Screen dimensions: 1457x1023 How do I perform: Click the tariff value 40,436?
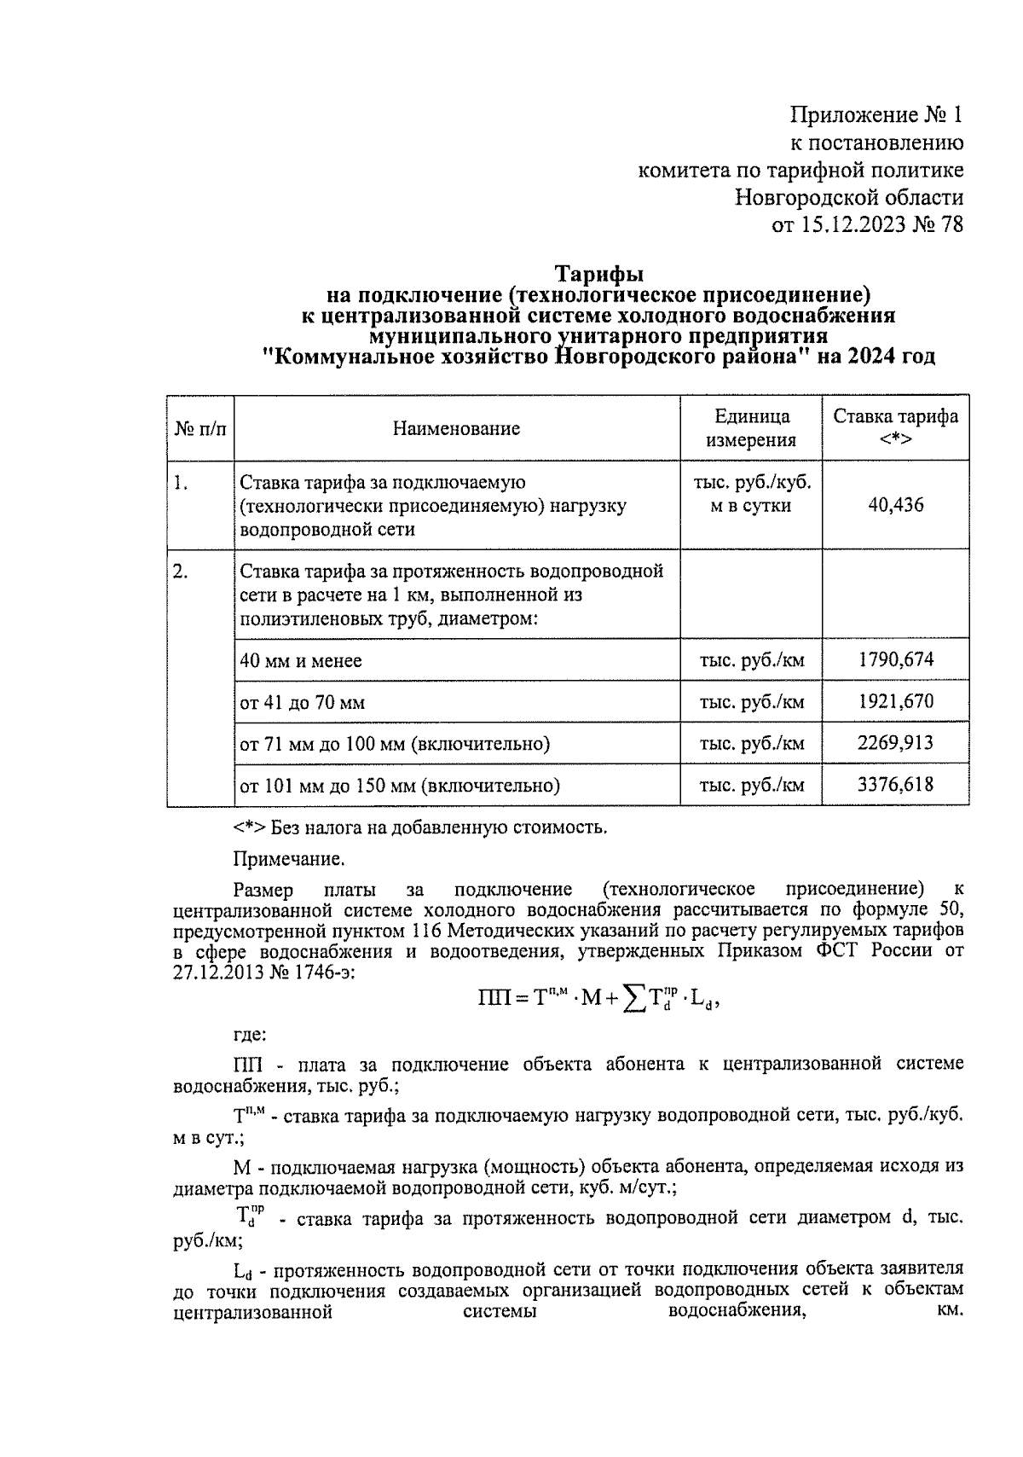pos(895,505)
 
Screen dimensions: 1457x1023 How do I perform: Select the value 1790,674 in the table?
pos(895,659)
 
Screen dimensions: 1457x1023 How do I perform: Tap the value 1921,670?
pos(895,701)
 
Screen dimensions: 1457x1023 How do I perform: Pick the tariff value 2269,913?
pos(895,742)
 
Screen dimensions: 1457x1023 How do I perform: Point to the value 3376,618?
pos(895,784)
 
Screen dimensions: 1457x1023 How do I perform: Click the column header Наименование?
pos(456,428)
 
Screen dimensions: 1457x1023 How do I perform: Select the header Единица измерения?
pos(751,428)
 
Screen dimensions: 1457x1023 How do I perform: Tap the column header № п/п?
pos(200,428)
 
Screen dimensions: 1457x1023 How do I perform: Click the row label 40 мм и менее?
pos(301,661)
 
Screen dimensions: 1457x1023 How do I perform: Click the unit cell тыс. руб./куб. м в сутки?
pos(751,494)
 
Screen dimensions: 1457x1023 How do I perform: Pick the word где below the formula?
pos(250,1036)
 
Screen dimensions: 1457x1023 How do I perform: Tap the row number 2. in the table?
pos(181,572)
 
